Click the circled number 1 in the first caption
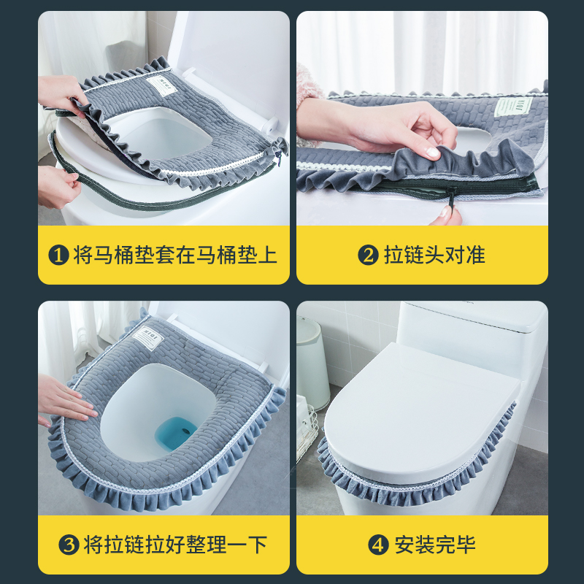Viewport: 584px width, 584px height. pos(59,255)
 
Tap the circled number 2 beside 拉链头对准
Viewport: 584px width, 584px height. pos(368,255)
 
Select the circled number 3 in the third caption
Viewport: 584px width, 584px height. pos(69,545)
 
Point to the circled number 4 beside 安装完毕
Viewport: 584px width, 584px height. pos(378,545)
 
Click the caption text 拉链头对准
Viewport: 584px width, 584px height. pos(434,255)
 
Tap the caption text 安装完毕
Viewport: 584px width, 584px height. pos(435,545)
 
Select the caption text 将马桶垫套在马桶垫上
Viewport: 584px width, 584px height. pos(175,255)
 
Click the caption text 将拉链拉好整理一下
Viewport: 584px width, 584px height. pos(175,545)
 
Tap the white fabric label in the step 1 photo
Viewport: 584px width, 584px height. pos(161,85)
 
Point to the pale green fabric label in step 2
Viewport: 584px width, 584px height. pos(514,107)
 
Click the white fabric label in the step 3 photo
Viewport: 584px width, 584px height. pos(148,337)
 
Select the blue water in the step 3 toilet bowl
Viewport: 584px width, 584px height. pos(176,433)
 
